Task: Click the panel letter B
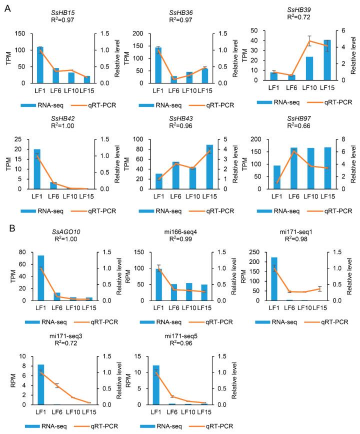pyautogui.click(x=7, y=230)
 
